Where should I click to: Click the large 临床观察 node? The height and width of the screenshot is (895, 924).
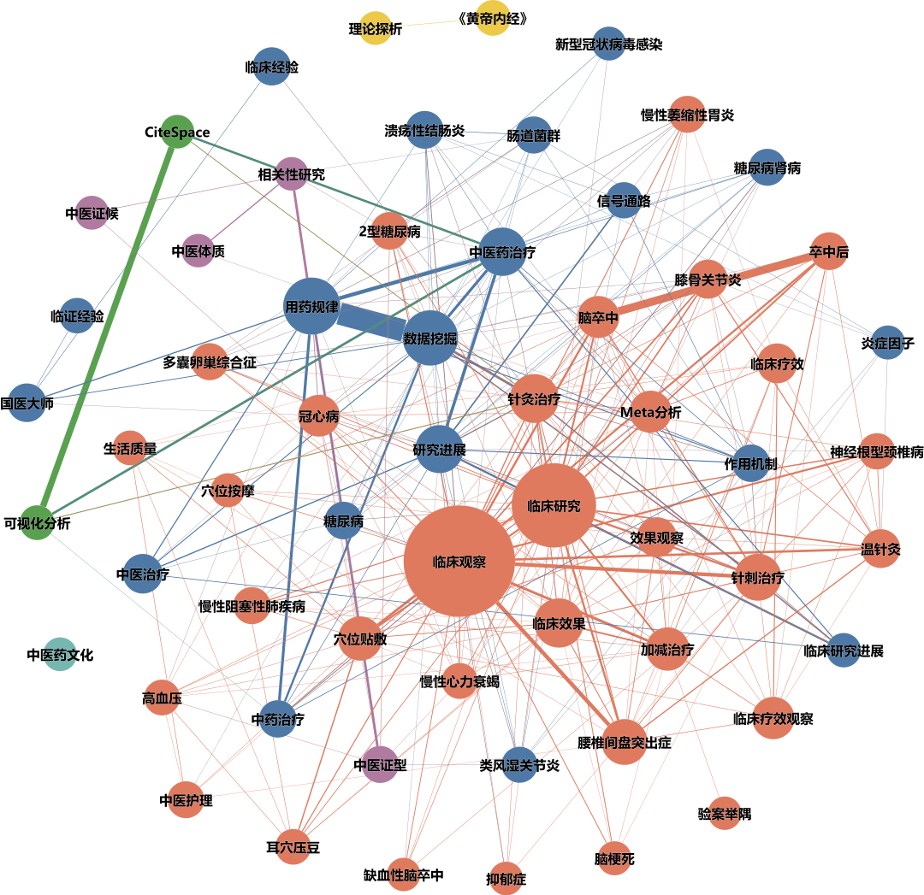(459, 561)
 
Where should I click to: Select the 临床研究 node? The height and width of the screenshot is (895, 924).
(554, 505)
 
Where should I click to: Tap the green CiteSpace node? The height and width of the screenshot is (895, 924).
(177, 132)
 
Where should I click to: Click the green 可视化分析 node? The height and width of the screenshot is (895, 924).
(37, 522)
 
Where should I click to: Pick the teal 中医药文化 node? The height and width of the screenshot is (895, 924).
(60, 654)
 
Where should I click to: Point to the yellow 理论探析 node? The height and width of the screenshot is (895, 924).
(376, 27)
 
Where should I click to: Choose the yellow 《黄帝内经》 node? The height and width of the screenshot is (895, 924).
(493, 18)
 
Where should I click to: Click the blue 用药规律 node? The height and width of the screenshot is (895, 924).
(311, 306)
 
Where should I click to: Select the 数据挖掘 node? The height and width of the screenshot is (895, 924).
(430, 338)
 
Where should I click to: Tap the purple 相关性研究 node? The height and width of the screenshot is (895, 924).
(292, 174)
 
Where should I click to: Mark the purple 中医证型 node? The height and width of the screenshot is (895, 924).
(381, 764)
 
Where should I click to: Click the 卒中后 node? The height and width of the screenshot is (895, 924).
(828, 251)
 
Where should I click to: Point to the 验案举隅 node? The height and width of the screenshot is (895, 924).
(725, 813)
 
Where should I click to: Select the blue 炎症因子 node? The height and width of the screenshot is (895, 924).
(887, 342)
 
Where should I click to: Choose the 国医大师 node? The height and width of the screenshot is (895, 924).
(27, 403)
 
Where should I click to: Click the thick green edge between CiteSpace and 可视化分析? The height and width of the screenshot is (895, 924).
(107, 327)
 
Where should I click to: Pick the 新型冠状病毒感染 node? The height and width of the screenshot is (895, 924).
(609, 44)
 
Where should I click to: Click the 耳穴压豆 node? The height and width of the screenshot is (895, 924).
(293, 847)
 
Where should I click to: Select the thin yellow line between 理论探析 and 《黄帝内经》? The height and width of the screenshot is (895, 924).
(435, 23)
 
